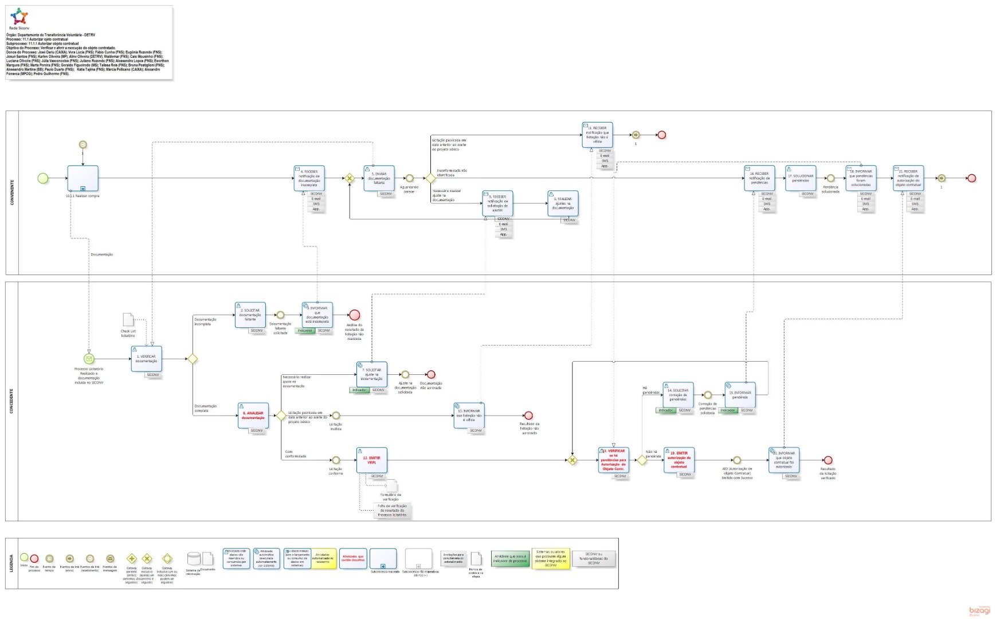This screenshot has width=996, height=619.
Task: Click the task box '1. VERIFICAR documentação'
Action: pos(146,359)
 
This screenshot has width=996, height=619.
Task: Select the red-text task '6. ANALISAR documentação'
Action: pos(253,416)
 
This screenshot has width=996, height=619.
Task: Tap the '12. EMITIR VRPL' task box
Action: pos(371,460)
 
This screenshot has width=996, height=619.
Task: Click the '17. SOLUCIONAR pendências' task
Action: pos(801,178)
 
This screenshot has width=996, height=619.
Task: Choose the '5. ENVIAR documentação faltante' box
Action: pos(379,178)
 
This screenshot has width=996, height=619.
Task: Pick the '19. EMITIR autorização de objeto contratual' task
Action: pos(679,460)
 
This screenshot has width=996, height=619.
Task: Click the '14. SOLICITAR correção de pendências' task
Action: pos(678,395)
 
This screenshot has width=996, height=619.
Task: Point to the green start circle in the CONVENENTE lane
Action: pos(43,178)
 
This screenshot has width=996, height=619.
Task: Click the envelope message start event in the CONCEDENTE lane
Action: pos(89,359)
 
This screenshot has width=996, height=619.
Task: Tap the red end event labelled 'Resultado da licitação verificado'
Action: pos(828,460)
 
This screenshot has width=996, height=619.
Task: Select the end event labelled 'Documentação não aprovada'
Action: pos(431,375)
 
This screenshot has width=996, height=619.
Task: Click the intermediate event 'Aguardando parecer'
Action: pos(409,178)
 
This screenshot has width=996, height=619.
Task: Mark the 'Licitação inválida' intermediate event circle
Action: pos(336,416)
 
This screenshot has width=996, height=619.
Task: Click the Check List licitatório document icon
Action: pos(128,320)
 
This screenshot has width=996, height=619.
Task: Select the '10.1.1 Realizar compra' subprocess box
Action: pos(83,178)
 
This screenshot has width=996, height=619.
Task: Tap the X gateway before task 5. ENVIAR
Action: pos(350,178)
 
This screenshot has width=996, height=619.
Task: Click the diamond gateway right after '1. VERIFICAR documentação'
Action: pos(193,359)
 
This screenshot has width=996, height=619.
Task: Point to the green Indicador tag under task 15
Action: pos(728,410)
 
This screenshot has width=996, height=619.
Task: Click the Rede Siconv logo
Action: pos(19,17)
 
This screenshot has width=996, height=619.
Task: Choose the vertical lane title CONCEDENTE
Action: pos(12,401)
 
